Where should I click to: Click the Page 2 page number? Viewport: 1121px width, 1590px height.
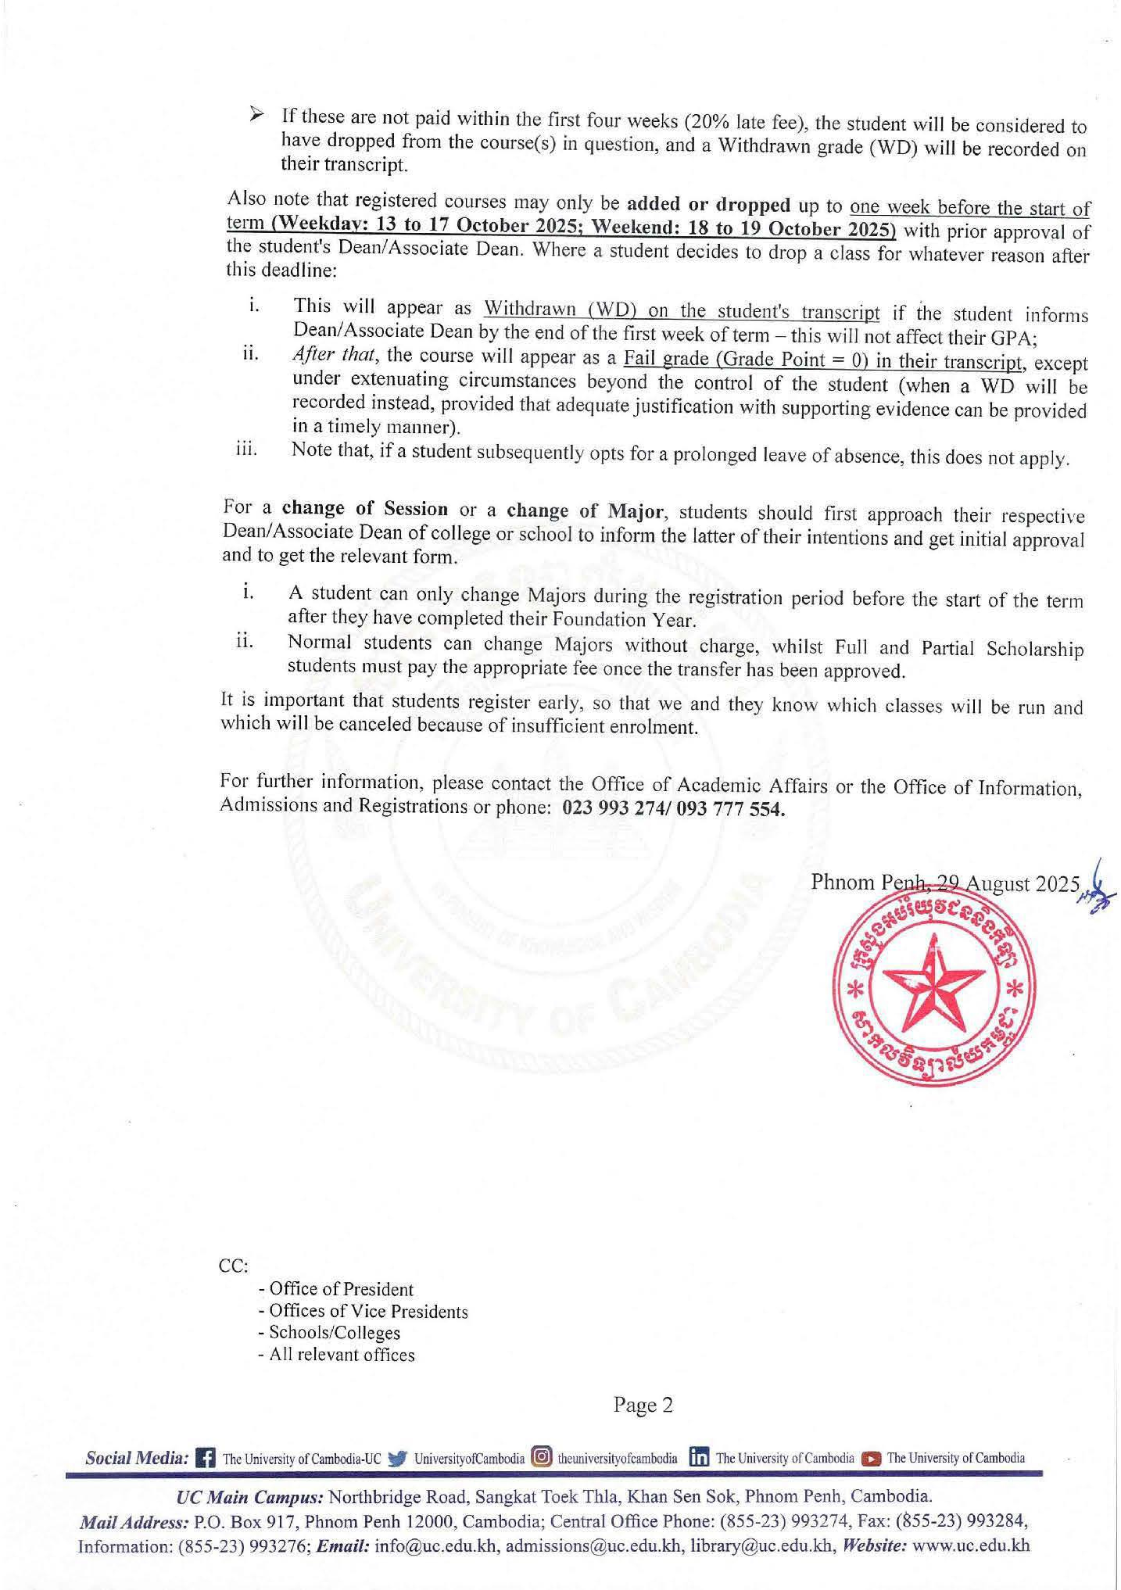[x=643, y=1406]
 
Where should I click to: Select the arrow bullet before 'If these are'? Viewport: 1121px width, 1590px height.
[x=256, y=116]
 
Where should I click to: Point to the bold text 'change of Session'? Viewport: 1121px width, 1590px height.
[x=365, y=508]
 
